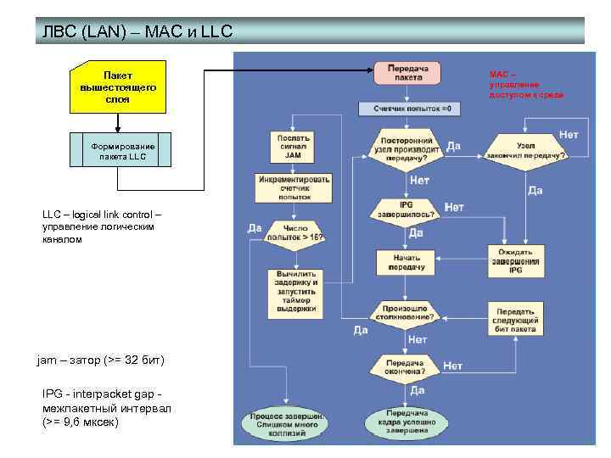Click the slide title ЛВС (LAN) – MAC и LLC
(137, 32)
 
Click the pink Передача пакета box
(408, 72)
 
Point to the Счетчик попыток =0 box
(411, 109)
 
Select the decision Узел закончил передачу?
(525, 150)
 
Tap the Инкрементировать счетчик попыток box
(293, 188)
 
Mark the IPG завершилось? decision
(407, 209)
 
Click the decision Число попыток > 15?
(294, 232)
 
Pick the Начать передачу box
(407, 261)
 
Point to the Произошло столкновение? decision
(407, 312)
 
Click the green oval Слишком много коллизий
(284, 422)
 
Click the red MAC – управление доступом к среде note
(524, 83)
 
